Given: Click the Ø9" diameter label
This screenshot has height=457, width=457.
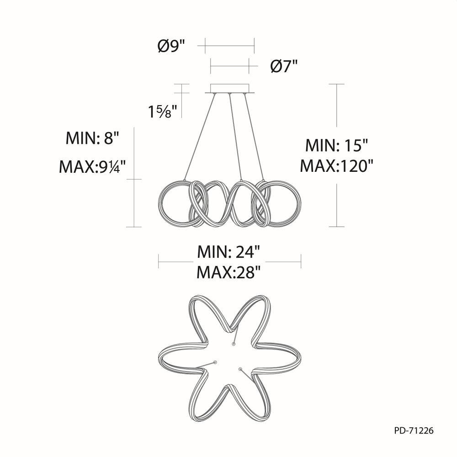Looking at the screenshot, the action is [172, 46].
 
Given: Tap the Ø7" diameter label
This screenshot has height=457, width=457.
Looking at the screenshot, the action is [284, 66].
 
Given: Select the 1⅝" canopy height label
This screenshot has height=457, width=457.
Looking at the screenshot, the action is [163, 112].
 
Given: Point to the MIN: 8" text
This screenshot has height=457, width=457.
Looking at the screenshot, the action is [93, 138].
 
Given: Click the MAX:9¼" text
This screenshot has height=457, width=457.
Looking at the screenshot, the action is [92, 167].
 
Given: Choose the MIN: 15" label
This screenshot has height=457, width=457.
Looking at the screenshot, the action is [337, 145].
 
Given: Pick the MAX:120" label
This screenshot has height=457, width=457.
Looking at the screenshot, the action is [337, 166].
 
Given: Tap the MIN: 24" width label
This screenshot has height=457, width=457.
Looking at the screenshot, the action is [228, 252].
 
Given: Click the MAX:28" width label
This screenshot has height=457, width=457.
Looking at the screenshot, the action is [228, 272].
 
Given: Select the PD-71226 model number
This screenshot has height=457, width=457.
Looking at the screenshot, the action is [414, 430].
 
